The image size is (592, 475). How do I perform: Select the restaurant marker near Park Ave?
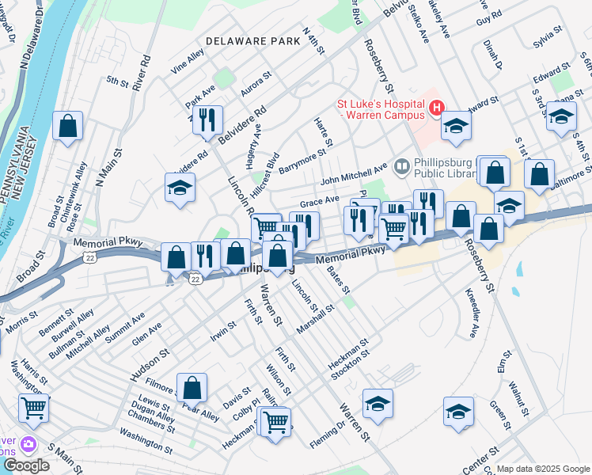[x=207, y=120]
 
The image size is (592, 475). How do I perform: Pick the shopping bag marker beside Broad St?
[x=68, y=125]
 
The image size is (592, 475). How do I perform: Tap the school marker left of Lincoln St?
[x=180, y=188]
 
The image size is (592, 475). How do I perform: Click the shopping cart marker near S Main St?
[x=34, y=408]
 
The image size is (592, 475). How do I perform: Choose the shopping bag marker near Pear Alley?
[x=192, y=388]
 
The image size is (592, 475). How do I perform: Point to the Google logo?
[x=26, y=465]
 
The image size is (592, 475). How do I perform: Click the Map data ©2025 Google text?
[x=544, y=469]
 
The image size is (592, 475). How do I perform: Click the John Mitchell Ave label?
[x=353, y=169]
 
